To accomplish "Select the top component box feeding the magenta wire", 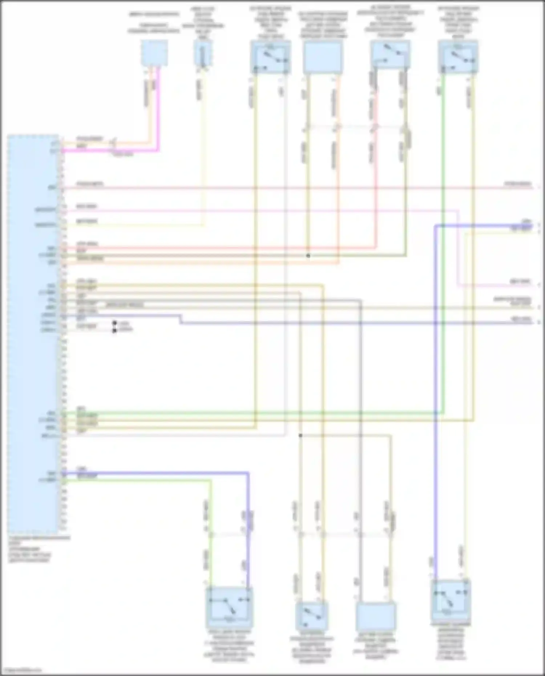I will pos(154,53).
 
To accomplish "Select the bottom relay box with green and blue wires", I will pos(229,607).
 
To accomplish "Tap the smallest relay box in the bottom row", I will pos(312,616).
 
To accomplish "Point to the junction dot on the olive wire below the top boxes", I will pos(308,256).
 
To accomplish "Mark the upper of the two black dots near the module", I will pos(114,323).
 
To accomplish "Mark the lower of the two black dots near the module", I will pos(114,330).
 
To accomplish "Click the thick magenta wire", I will pos(158,109).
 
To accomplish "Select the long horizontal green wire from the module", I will pos(254,413).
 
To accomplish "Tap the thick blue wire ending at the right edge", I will pos(483,226).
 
